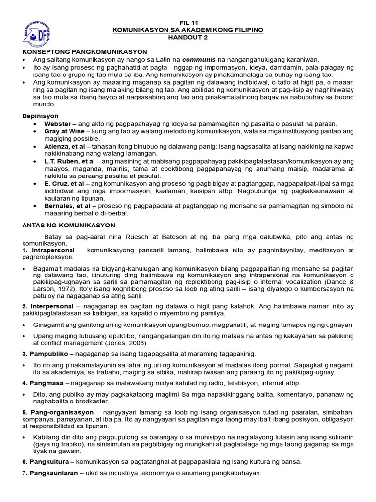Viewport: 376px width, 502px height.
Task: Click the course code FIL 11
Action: tap(188, 23)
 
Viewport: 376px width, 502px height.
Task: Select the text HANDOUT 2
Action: tap(188, 37)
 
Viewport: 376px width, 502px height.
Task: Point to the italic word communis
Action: tap(202, 59)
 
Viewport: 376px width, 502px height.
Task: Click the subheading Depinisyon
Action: tap(40, 116)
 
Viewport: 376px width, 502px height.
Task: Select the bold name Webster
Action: tap(58, 124)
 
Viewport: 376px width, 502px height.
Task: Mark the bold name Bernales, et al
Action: tap(67, 206)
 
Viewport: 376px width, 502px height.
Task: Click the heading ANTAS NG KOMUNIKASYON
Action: tap(69, 225)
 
